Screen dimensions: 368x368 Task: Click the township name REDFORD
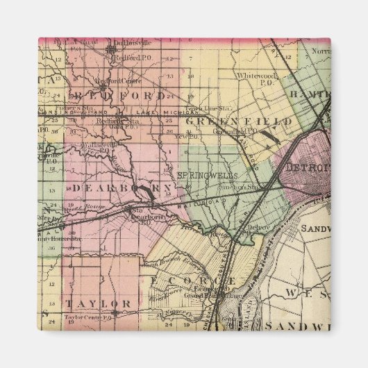[122, 95]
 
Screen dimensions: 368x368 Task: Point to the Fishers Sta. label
[70, 108]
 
